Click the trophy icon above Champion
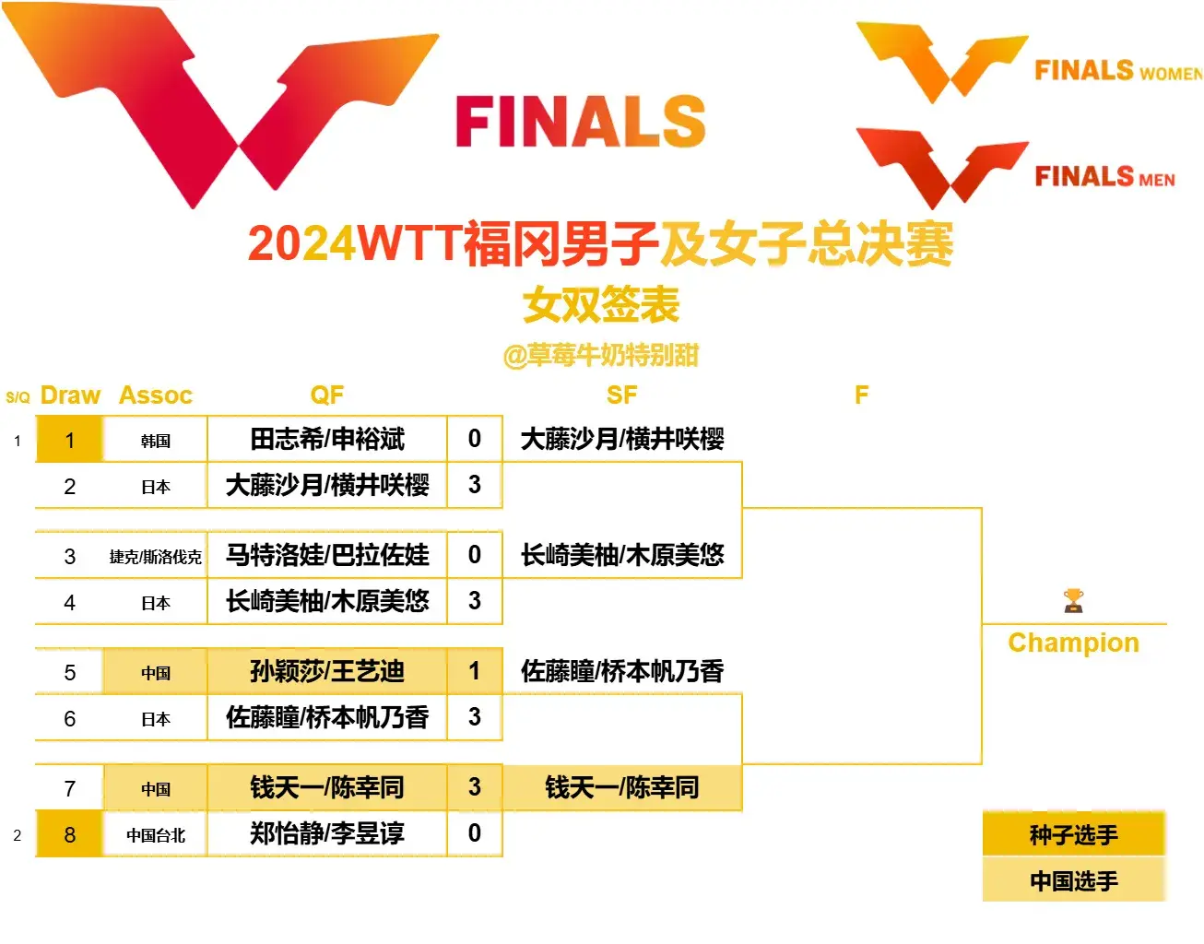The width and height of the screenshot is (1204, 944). point(1073,600)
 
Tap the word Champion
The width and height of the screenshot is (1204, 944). point(1073,643)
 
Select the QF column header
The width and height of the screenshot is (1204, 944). point(327,395)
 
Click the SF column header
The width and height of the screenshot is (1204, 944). point(621,395)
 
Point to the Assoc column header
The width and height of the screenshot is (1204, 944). point(156,395)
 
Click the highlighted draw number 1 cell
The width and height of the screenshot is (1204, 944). point(69,440)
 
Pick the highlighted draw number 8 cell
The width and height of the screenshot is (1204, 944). point(69,834)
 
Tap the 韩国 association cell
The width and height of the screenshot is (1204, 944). point(155,440)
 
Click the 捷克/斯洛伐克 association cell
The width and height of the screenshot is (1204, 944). point(155,556)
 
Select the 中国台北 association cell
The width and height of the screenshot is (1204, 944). point(155,835)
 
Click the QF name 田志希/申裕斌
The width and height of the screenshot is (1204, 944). point(327,439)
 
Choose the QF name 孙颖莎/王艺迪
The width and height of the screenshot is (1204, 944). point(327,671)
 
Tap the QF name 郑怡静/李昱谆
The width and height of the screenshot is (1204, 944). point(327,833)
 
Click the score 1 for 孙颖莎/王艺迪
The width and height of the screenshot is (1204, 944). point(474,671)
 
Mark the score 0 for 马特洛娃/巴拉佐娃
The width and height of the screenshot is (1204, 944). point(474,555)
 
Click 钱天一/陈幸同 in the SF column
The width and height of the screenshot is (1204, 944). point(622,787)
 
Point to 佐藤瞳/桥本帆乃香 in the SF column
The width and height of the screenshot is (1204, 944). point(622,671)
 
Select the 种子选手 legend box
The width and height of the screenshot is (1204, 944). point(1074,834)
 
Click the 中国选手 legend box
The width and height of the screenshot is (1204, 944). point(1074,880)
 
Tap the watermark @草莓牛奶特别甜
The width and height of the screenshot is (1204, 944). point(601,355)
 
